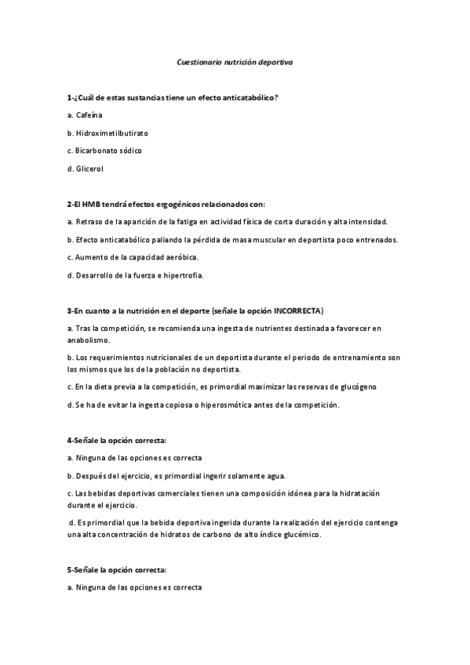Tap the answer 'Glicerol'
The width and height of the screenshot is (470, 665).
click(89, 168)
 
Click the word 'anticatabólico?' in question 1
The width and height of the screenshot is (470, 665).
click(250, 96)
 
